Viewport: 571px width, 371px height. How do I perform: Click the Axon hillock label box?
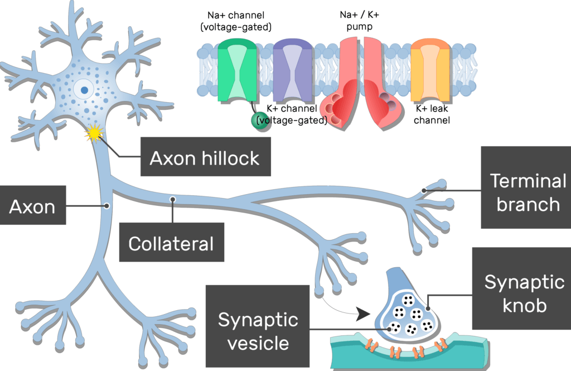tap(204, 158)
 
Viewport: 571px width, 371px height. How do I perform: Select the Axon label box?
tap(32, 206)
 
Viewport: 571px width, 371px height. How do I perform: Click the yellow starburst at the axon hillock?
tap(94, 133)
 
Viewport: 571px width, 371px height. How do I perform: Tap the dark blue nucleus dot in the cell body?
tap(84, 89)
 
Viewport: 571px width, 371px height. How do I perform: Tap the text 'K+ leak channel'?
tap(432, 114)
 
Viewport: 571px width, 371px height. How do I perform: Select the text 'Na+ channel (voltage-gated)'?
tap(240, 20)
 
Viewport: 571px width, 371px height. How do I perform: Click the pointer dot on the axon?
tap(107, 206)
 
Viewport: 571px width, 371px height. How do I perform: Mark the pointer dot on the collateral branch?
tap(173, 198)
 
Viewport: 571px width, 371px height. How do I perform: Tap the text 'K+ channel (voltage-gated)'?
tap(292, 114)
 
